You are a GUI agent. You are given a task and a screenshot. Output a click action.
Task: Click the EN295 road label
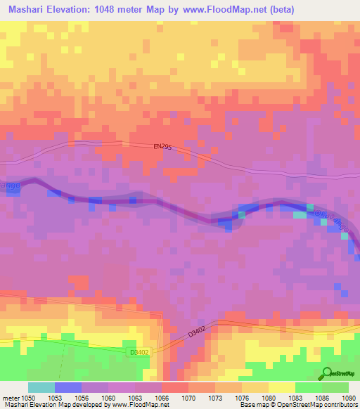point(162,147)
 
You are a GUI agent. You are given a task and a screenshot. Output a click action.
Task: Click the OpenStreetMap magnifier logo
point(328,372)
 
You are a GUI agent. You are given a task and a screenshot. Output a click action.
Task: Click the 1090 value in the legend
point(349,397)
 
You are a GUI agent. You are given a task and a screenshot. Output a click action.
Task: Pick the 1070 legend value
point(189,397)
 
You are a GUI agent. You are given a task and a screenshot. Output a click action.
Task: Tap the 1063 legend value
point(134,397)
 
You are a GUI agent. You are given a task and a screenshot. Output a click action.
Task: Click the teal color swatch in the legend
point(41,387)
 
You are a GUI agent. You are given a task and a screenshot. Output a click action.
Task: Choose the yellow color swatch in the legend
point(282,387)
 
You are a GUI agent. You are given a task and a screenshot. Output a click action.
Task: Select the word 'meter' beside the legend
point(9,397)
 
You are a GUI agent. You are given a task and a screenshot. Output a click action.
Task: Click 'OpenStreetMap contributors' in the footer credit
point(320,405)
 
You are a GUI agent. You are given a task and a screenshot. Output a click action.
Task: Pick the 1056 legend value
point(81,397)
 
